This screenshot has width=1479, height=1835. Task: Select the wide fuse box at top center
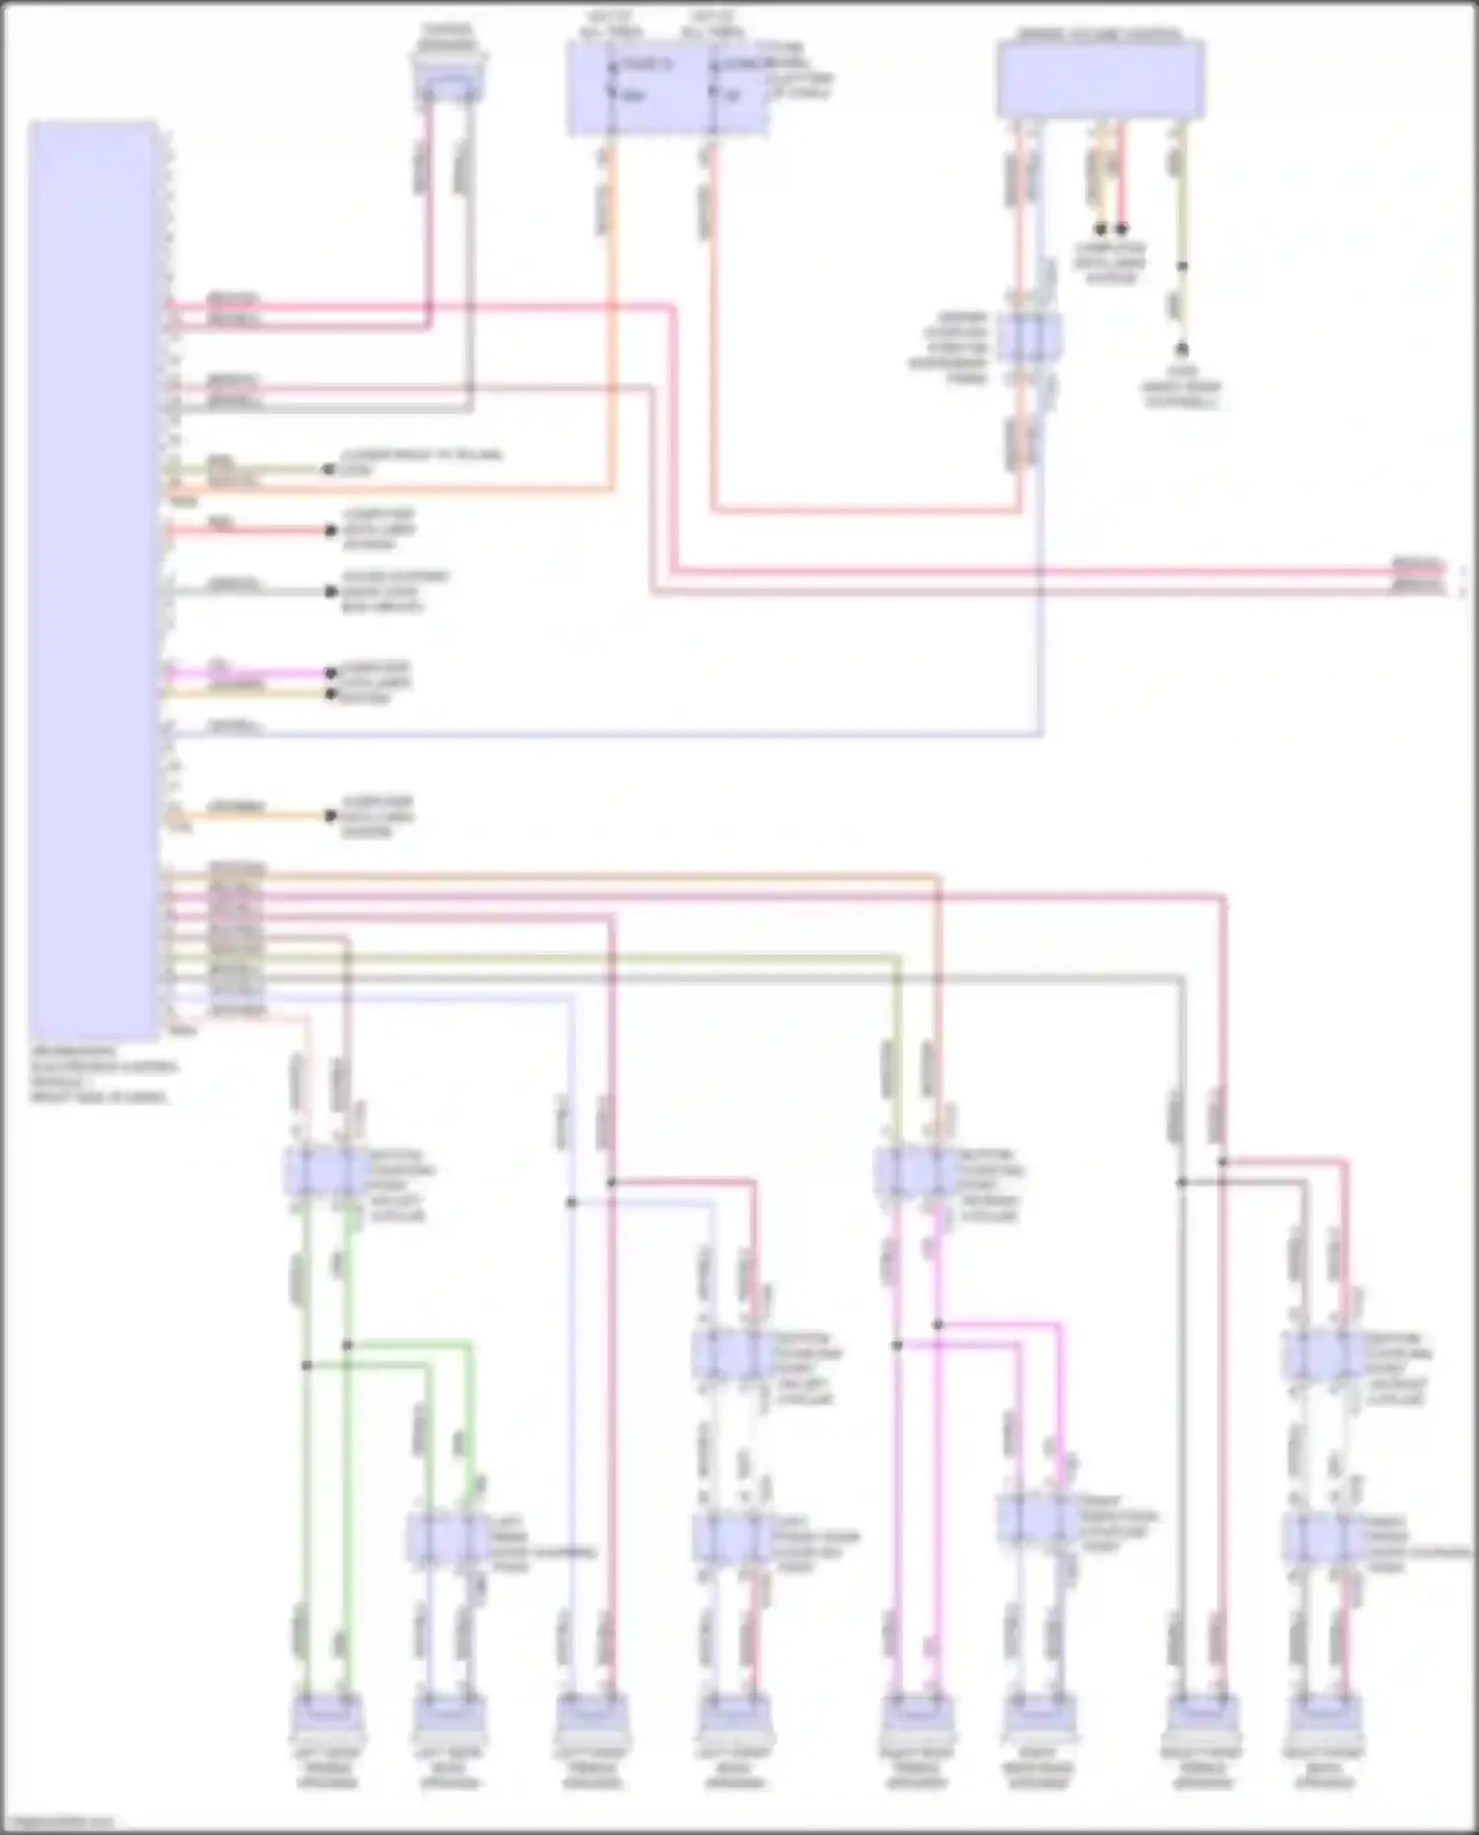(668, 88)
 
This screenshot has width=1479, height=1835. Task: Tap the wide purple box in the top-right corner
(1099, 79)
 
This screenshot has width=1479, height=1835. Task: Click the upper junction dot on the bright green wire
(347, 1345)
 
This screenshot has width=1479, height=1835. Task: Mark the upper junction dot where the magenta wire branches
(939, 1325)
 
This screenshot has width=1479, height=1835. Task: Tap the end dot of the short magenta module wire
(331, 673)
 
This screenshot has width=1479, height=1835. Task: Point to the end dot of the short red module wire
(331, 530)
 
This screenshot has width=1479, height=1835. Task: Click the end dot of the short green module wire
(328, 469)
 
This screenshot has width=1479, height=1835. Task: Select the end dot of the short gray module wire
(331, 592)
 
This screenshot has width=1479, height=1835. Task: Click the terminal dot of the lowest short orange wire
(331, 815)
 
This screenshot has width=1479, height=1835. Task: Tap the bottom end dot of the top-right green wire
(1181, 349)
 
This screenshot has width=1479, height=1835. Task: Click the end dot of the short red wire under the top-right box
(1121, 229)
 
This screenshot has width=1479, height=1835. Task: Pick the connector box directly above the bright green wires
(326, 1170)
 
